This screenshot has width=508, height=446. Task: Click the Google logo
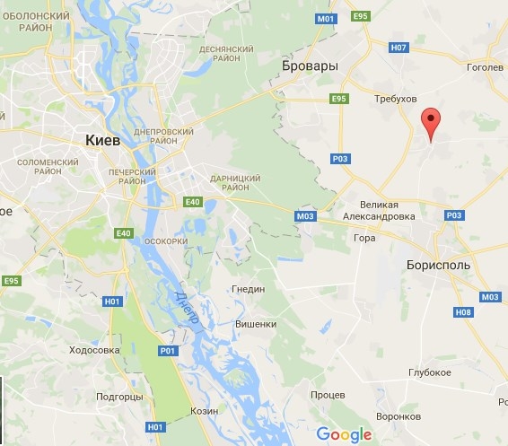click(x=344, y=434)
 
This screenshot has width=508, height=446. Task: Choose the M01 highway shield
click(x=325, y=18)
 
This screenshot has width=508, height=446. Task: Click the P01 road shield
click(x=168, y=351)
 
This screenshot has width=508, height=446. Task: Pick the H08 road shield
click(x=463, y=312)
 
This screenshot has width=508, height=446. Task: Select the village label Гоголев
click(x=486, y=66)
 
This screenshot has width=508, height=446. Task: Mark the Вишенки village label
click(x=255, y=324)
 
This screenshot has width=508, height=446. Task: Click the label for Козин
click(x=204, y=409)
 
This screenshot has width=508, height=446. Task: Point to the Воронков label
click(x=399, y=416)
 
